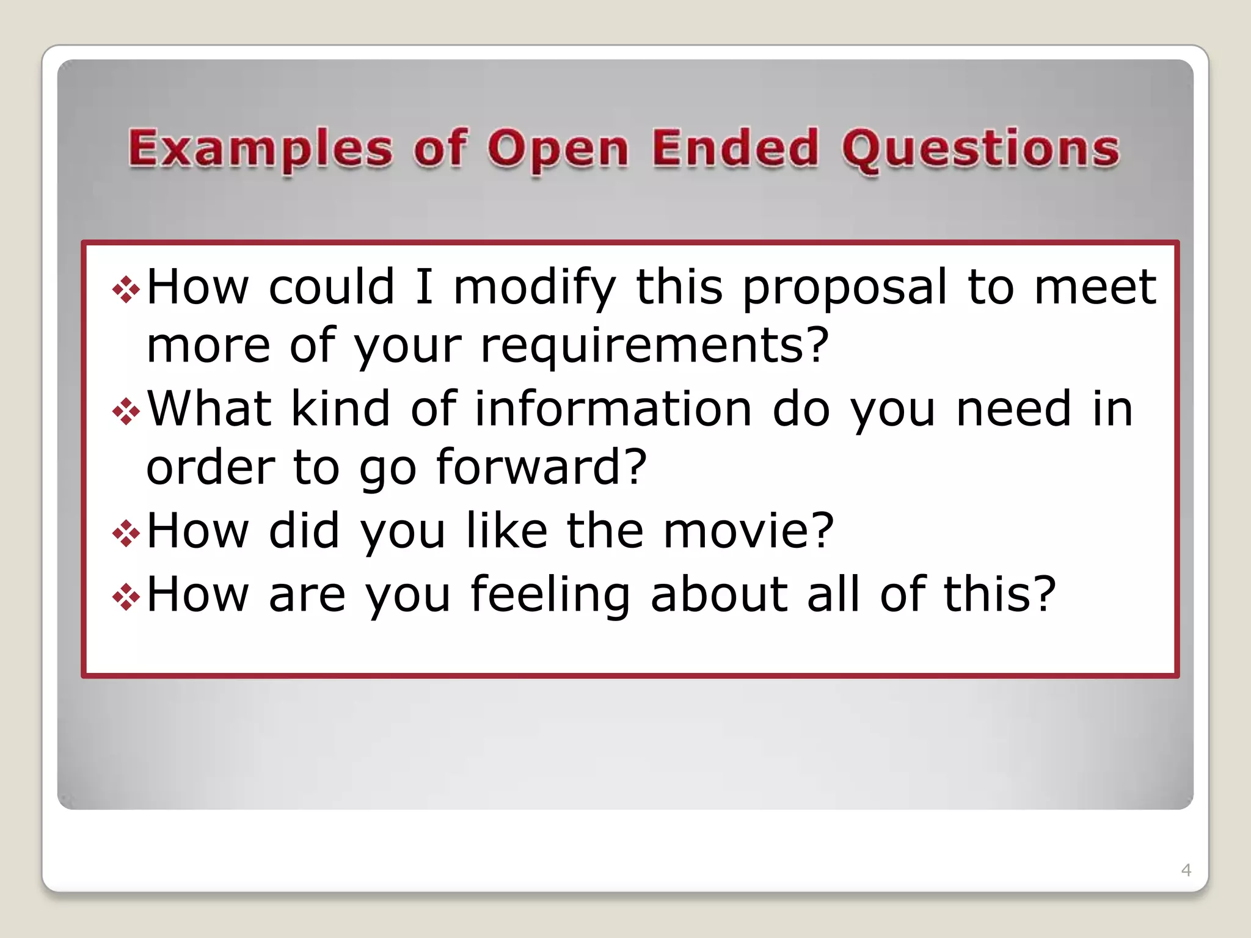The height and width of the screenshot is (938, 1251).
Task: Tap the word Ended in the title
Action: pyautogui.click(x=735, y=148)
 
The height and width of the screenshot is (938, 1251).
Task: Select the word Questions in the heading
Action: pyautogui.click(x=980, y=150)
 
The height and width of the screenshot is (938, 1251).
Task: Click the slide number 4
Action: pyautogui.click(x=1186, y=870)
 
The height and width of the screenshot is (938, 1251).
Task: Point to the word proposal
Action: pyautogui.click(x=845, y=288)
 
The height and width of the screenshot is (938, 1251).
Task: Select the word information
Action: pyautogui.click(x=613, y=409)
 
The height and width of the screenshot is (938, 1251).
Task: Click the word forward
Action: pyautogui.click(x=541, y=468)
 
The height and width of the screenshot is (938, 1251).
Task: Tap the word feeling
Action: pyautogui.click(x=550, y=595)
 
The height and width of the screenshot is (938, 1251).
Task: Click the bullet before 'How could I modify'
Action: pyautogui.click(x=126, y=289)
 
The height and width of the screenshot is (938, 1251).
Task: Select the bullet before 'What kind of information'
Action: pyautogui.click(x=126, y=412)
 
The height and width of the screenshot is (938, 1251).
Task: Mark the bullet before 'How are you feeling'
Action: pyautogui.click(x=126, y=597)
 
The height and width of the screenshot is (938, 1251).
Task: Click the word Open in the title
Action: pyautogui.click(x=558, y=150)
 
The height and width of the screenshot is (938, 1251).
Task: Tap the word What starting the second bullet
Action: pyautogui.click(x=210, y=409)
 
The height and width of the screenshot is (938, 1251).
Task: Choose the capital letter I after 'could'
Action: pyautogui.click(x=424, y=287)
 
